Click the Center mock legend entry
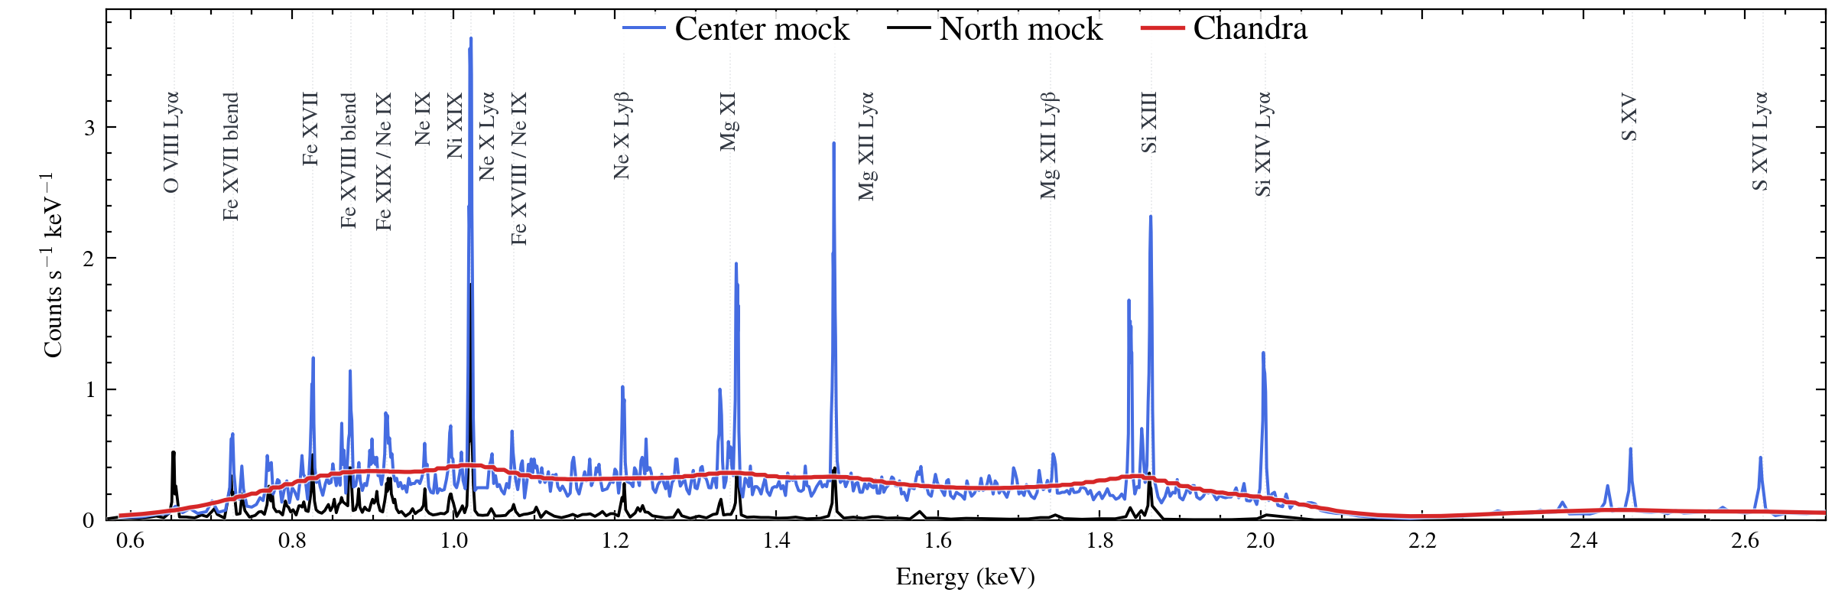click(736, 29)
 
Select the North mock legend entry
click(995, 29)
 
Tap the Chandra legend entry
click(1224, 28)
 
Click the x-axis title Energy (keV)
click(965, 576)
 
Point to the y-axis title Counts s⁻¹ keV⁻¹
click(52, 265)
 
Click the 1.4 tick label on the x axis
click(777, 541)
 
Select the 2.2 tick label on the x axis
click(1422, 541)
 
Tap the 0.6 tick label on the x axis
click(130, 541)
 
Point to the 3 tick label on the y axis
click(89, 128)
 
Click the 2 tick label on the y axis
click(89, 259)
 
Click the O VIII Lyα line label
click(171, 142)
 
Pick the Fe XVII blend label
click(231, 157)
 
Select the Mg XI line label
click(728, 122)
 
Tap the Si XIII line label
click(1148, 122)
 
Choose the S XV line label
click(1629, 117)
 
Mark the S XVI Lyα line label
click(1760, 141)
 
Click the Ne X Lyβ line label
click(622, 135)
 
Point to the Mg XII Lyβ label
click(1049, 145)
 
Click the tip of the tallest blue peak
click(470, 37)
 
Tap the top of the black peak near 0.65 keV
click(174, 452)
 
